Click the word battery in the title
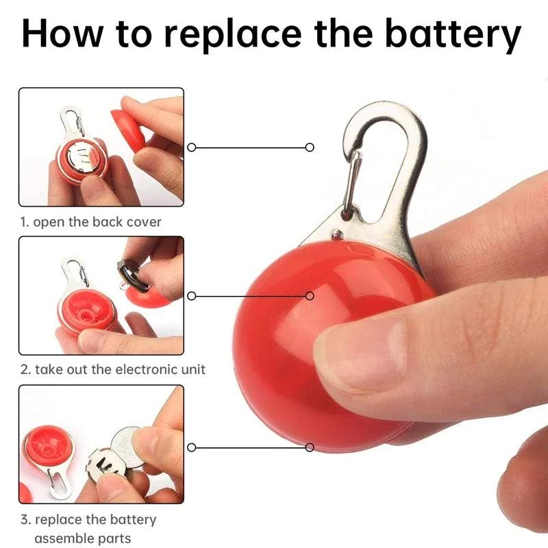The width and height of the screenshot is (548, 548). tap(453, 34)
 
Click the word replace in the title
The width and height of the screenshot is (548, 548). tap(232, 35)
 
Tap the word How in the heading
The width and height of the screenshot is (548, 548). tap(62, 33)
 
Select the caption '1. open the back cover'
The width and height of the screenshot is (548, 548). tap(90, 222)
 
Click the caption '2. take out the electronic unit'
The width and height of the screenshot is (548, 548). tap(113, 369)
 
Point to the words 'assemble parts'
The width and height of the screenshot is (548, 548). tap(83, 538)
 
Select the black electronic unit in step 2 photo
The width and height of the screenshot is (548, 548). tap(133, 275)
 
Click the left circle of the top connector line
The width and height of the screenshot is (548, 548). tap(192, 147)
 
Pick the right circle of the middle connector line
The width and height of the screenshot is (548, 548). tap(310, 296)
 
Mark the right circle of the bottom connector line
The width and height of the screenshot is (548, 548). tap(310, 447)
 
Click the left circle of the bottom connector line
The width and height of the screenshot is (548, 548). tap(192, 447)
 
